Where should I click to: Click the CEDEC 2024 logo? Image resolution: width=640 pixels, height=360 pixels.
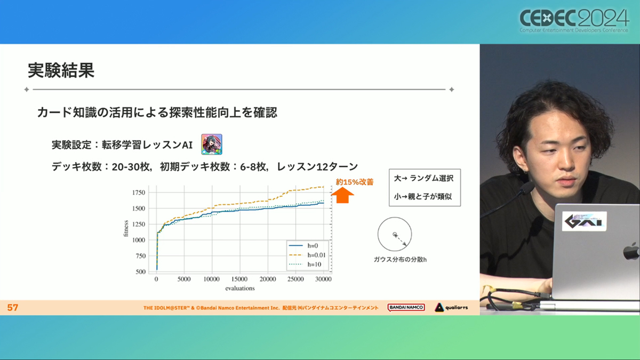574,21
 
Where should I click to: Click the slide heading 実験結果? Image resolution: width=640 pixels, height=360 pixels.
61,70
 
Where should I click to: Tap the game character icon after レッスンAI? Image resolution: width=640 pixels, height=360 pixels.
211,145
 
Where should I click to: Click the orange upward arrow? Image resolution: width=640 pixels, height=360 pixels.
342,195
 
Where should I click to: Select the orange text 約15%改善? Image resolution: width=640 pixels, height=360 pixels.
355,182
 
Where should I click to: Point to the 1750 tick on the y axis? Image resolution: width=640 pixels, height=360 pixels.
138,193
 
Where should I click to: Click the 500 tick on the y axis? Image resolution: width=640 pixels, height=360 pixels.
141,271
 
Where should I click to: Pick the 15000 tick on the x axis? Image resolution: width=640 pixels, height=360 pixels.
239,279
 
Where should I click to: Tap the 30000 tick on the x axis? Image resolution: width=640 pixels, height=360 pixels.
323,279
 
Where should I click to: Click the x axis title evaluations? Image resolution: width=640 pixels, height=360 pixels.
240,289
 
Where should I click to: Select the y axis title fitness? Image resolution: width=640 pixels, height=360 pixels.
126,229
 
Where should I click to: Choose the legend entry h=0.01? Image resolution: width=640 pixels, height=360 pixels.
307,255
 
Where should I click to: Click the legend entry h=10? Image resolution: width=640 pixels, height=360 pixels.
305,265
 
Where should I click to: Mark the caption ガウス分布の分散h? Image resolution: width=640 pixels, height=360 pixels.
400,259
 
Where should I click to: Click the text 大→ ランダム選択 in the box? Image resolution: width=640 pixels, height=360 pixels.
423,178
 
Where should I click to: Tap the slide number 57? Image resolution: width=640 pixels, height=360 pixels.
13,307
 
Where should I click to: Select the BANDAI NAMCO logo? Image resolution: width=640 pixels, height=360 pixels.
406,307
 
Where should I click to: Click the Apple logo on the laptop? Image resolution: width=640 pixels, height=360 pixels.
631,251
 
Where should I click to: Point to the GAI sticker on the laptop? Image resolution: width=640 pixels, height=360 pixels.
585,221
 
